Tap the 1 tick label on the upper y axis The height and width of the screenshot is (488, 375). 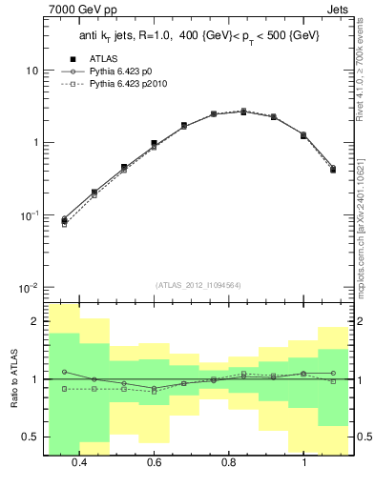coord(35,143)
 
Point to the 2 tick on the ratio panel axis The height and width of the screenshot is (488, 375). coord(35,322)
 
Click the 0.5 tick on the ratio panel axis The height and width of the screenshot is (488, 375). coord(31,437)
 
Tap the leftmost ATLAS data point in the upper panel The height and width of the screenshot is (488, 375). coord(64,220)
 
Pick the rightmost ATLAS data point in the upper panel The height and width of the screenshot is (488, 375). coord(332,169)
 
